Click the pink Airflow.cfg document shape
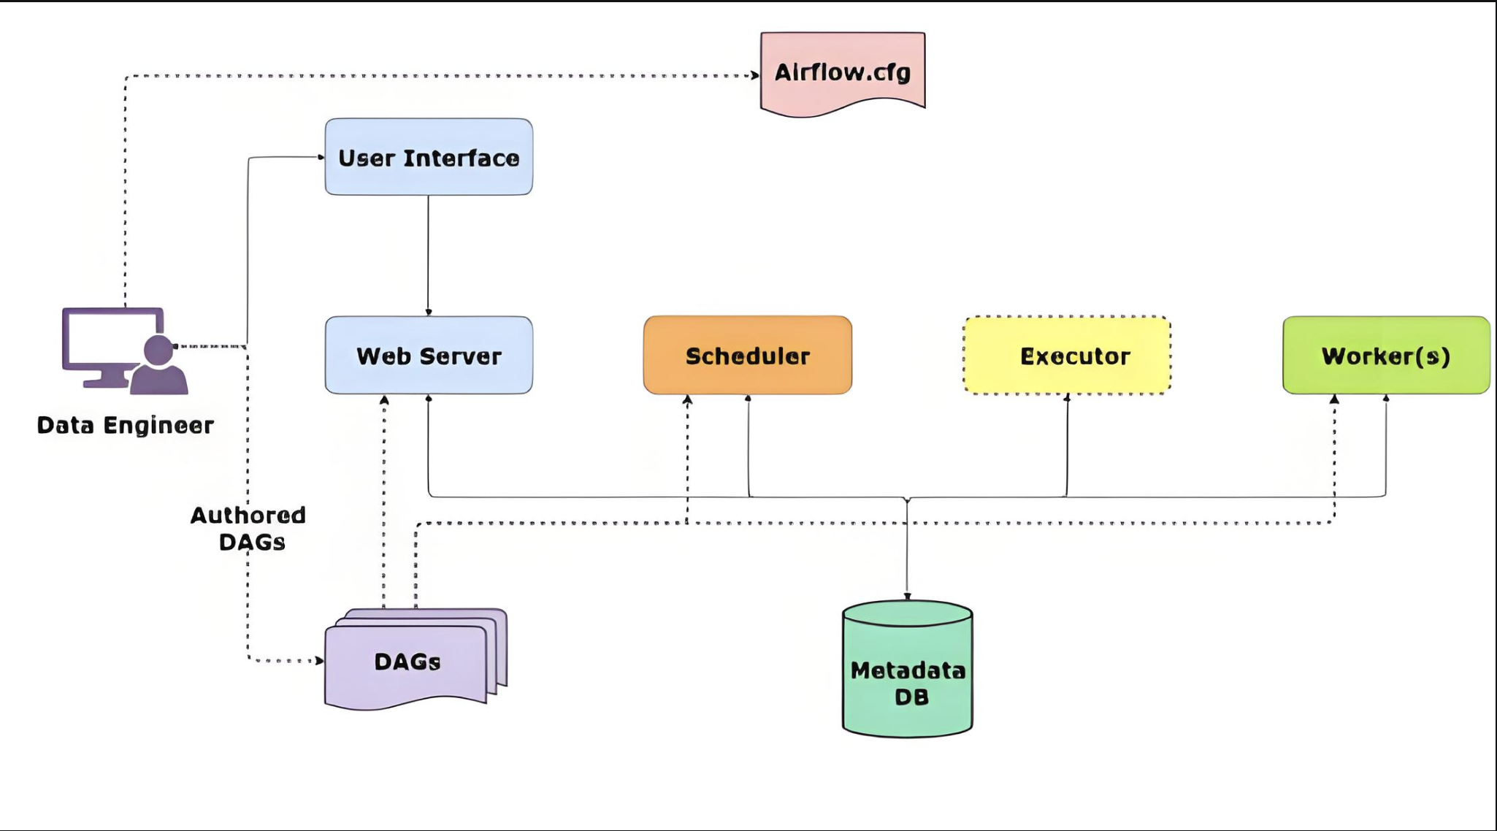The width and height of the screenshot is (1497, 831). click(843, 72)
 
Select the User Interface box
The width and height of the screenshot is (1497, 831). click(429, 157)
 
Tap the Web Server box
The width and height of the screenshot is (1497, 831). click(429, 356)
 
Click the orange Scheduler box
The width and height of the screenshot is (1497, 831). click(747, 356)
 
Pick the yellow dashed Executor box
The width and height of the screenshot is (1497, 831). click(1067, 356)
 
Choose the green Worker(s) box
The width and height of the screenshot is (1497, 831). click(1386, 356)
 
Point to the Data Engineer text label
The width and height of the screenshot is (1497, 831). click(125, 425)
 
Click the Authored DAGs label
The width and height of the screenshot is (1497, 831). click(249, 528)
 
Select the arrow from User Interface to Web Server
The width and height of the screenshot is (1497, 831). click(428, 256)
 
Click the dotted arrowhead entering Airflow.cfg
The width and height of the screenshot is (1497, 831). click(754, 75)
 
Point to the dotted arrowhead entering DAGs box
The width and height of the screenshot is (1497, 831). click(319, 660)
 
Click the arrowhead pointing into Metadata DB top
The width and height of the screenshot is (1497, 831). click(907, 596)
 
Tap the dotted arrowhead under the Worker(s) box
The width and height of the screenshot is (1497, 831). click(1334, 399)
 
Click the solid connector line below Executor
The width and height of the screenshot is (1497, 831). click(1067, 445)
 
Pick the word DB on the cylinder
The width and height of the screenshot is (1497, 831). click(911, 697)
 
